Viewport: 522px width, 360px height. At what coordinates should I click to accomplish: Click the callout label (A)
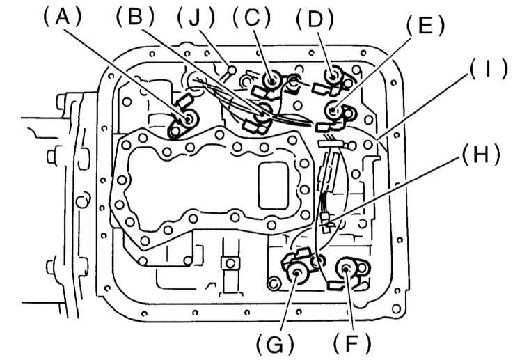[x=63, y=17]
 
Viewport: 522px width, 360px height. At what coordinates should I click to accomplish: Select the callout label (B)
[x=135, y=17]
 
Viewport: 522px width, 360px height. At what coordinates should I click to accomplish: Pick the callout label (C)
[x=252, y=17]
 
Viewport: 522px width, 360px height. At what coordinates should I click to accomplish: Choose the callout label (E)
[x=425, y=25]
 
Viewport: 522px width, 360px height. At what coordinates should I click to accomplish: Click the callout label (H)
[x=480, y=155]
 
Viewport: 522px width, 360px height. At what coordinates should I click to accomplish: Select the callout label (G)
[x=275, y=345]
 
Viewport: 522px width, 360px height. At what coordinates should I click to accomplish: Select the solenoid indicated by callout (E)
[x=333, y=112]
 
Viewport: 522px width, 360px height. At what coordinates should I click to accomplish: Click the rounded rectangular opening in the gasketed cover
[x=274, y=185]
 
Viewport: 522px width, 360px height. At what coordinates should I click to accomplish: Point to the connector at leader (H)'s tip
[x=326, y=221]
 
